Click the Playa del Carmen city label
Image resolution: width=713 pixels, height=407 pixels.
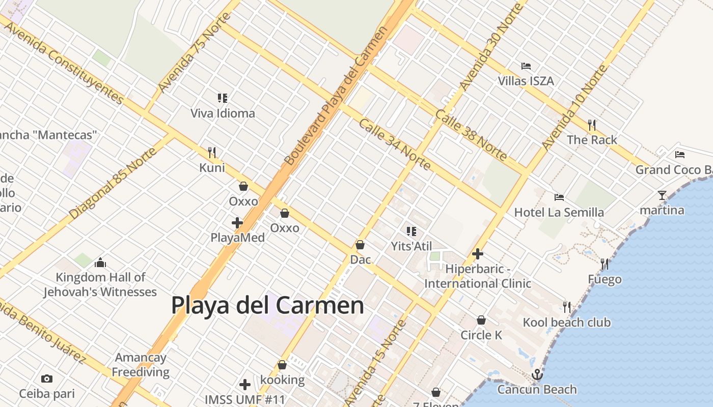[x=267, y=306]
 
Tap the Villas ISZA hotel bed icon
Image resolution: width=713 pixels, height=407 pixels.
[x=526, y=66]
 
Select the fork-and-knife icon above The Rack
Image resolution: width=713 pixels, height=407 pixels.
[x=591, y=125]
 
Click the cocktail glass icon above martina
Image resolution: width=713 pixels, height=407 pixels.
[x=662, y=195]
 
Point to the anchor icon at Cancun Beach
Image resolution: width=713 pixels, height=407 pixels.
[x=537, y=375]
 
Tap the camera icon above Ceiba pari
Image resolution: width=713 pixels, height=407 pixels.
[x=47, y=379]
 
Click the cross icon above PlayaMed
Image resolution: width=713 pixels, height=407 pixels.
[x=237, y=223]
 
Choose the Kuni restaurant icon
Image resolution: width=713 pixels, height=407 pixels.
[x=212, y=152]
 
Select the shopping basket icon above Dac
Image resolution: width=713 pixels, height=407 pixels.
[x=360, y=245]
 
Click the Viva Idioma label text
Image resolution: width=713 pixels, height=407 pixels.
[x=223, y=113]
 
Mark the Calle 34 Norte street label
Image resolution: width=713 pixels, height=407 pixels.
[x=394, y=144]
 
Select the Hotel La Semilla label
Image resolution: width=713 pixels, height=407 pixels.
[x=559, y=212]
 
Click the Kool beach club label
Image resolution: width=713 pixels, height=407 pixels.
[x=566, y=322]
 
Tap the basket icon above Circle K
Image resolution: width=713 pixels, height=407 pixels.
[x=481, y=320]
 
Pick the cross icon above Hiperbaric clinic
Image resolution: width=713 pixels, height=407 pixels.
[x=478, y=253]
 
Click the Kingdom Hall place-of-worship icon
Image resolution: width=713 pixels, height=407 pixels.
[x=100, y=263]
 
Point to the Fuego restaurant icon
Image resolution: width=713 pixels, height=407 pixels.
[x=605, y=264]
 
